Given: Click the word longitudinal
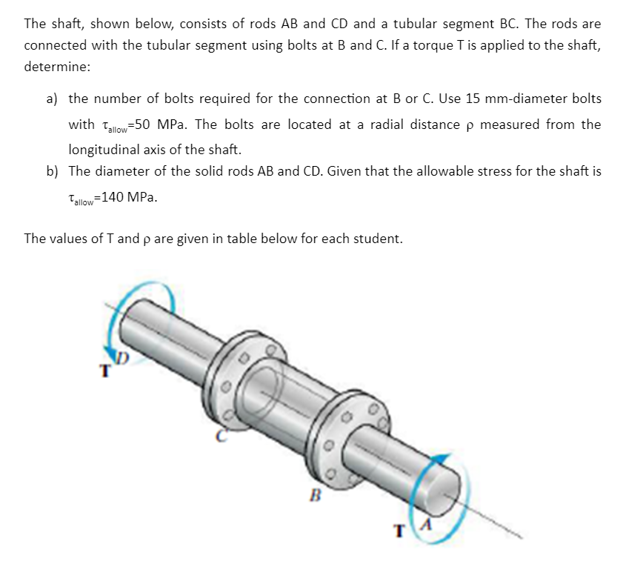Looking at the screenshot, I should [x=101, y=148].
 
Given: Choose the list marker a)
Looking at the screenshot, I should [x=52, y=99].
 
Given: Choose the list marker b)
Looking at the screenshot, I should [x=52, y=171].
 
